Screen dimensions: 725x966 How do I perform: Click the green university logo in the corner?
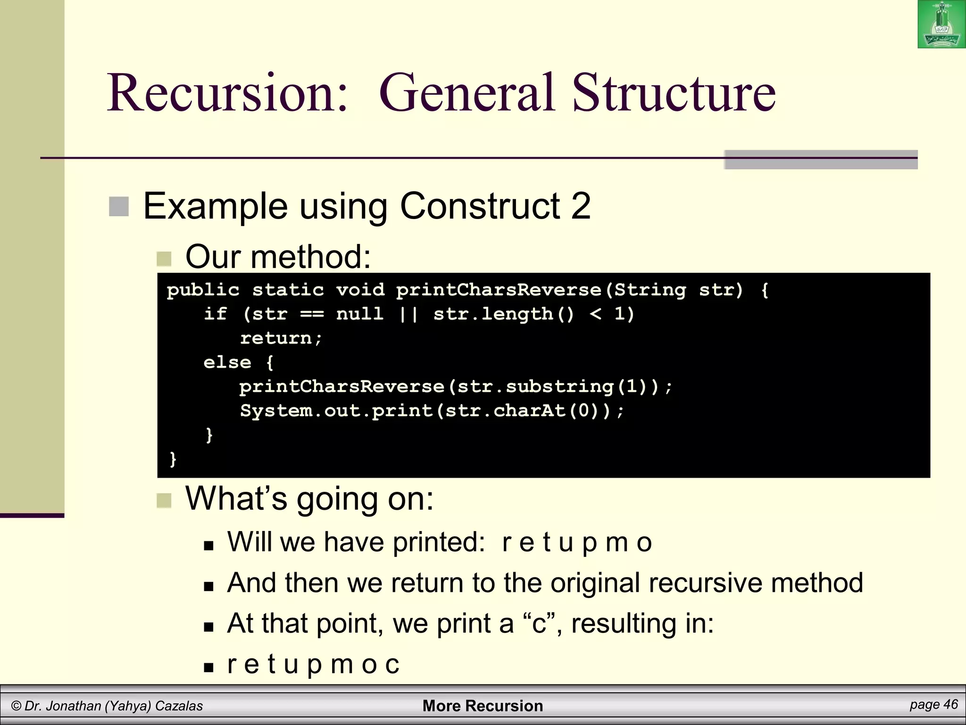tap(941, 25)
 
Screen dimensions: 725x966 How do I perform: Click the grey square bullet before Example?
tap(119, 207)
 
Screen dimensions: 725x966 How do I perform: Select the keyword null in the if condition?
tap(360, 314)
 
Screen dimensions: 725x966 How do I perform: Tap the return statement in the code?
tap(281, 338)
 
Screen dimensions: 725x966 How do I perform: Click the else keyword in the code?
tap(227, 362)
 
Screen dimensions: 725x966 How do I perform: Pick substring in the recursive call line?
tap(559, 387)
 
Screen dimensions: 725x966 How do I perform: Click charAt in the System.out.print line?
tap(529, 411)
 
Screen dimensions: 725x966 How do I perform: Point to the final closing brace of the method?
tap(173, 459)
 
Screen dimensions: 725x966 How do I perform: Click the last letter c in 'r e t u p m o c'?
tap(392, 665)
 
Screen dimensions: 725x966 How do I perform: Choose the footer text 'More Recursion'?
tap(483, 706)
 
